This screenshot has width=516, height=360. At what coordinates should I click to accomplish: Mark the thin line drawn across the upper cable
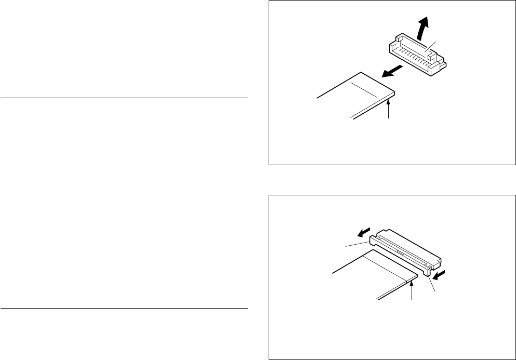[x=364, y=88]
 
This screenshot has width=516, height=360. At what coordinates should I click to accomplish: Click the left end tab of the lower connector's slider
[x=373, y=239]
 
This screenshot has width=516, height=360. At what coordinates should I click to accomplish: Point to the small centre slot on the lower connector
[x=398, y=250]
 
